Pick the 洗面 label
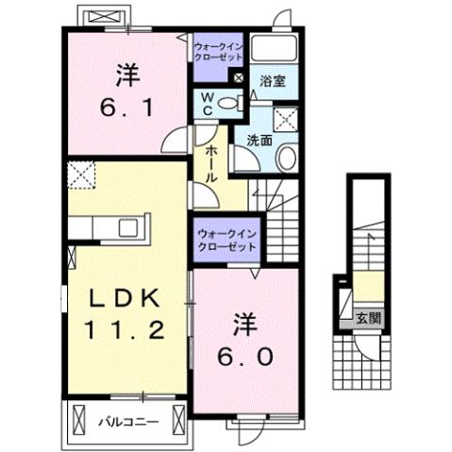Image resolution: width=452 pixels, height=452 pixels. click(x=259, y=140)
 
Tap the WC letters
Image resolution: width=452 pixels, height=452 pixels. click(x=205, y=105)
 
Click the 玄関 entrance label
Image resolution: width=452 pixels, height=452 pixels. click(x=368, y=319)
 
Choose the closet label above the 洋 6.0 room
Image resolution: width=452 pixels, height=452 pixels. click(x=226, y=239)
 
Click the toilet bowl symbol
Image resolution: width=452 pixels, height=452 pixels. click(x=228, y=106)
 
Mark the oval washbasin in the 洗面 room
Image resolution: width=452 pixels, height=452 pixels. click(x=289, y=157)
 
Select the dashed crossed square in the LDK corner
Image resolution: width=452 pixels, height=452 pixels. click(x=81, y=176)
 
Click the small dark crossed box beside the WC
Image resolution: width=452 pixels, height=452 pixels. click(x=238, y=79)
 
